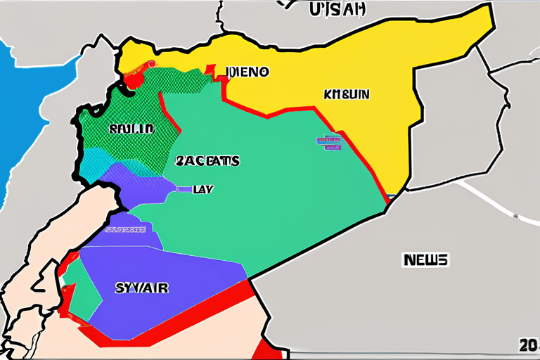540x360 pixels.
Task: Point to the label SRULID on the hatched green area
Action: click(x=130, y=129)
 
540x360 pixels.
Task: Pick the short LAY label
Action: click(x=202, y=189)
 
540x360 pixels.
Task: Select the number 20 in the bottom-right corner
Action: click(x=528, y=346)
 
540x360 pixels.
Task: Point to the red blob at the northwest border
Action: click(x=131, y=79)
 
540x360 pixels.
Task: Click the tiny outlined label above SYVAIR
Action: click(x=125, y=229)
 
